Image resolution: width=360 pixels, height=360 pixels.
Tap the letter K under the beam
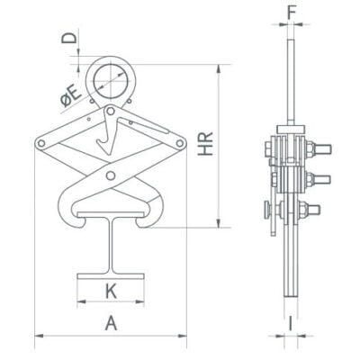coord(111,291)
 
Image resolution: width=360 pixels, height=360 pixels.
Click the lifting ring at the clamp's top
coord(113,76)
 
